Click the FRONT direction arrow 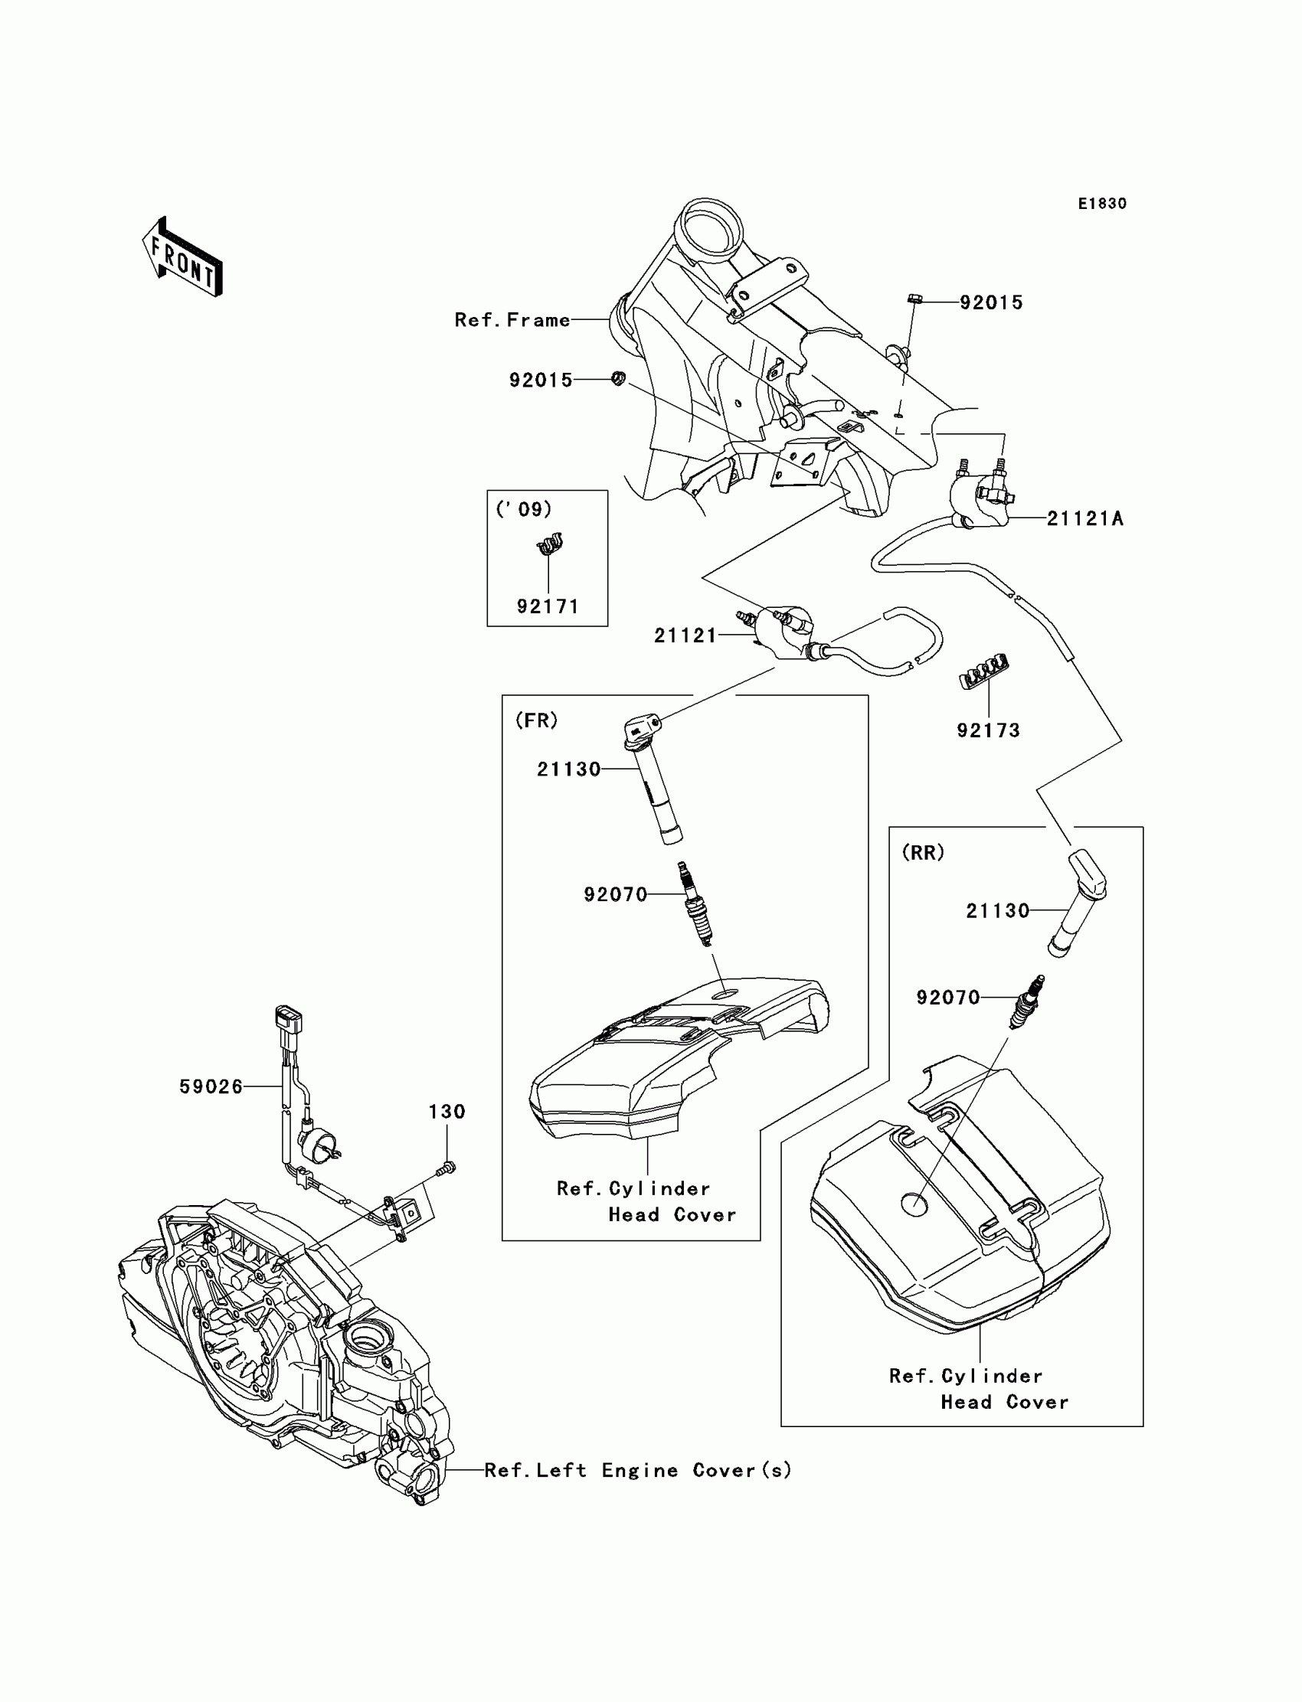182,256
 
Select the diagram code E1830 1102,204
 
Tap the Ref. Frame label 512,320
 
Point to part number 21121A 1085,519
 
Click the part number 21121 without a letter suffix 686,636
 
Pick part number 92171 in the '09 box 548,606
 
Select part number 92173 988,730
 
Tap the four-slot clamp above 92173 984,671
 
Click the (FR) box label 536,720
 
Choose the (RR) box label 923,853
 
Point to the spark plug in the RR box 1026,1001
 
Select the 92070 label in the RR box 949,998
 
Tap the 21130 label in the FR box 569,769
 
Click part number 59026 211,1087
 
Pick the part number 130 447,1112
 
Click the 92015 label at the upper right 991,303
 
